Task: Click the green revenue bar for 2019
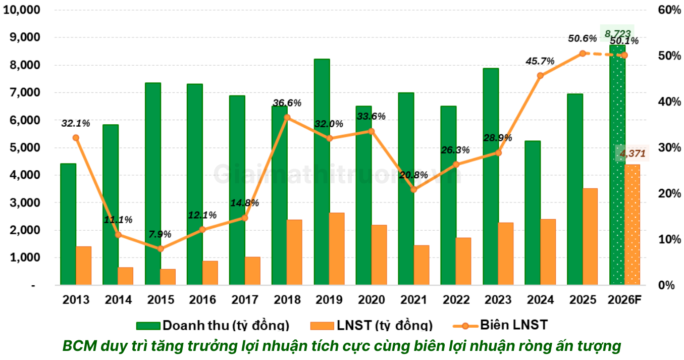click(322, 172)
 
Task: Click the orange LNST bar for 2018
click(294, 252)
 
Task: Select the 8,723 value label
click(617, 34)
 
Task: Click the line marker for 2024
click(540, 76)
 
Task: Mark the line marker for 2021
click(414, 189)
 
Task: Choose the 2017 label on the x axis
click(245, 299)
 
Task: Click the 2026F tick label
click(624, 299)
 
